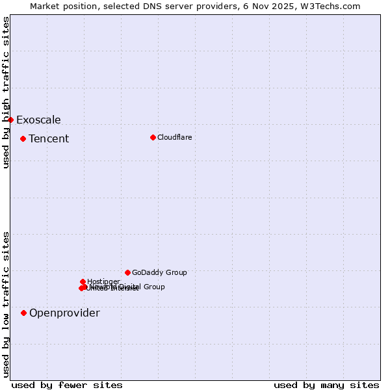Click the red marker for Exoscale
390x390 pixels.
pos(10,120)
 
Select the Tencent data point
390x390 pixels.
pos(23,138)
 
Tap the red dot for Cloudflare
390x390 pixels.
pos(153,137)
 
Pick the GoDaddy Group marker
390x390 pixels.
pos(127,272)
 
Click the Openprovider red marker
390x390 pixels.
pos(23,313)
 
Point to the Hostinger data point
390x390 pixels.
pos(83,281)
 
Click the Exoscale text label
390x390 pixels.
pos(38,120)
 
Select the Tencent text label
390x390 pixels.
pos(49,138)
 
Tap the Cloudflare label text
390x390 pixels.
pos(174,137)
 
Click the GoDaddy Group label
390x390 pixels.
pos(159,272)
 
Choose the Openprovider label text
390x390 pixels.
pos(64,313)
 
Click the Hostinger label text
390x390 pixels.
pos(103,281)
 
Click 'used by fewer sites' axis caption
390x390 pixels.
pos(67,385)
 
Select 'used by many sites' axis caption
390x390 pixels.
pos(326,385)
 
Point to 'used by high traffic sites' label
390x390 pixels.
pos(6,92)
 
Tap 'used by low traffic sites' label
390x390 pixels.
pos(6,304)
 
